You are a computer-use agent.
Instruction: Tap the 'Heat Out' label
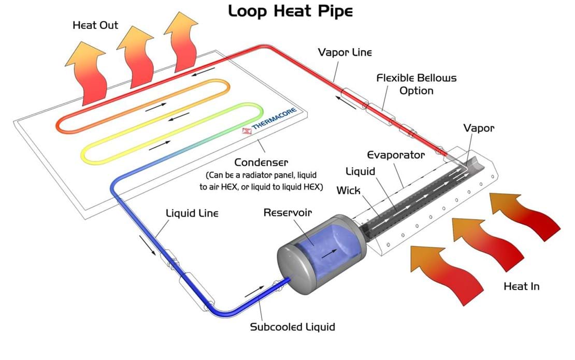click(95, 25)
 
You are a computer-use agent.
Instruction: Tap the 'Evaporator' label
click(396, 155)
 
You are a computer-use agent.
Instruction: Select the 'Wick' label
click(348, 190)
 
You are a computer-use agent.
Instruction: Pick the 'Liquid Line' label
click(192, 213)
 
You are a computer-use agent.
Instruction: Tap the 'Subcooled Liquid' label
click(292, 327)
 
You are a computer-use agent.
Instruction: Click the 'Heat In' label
click(522, 286)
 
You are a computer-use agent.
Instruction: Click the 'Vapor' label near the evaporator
click(479, 127)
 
